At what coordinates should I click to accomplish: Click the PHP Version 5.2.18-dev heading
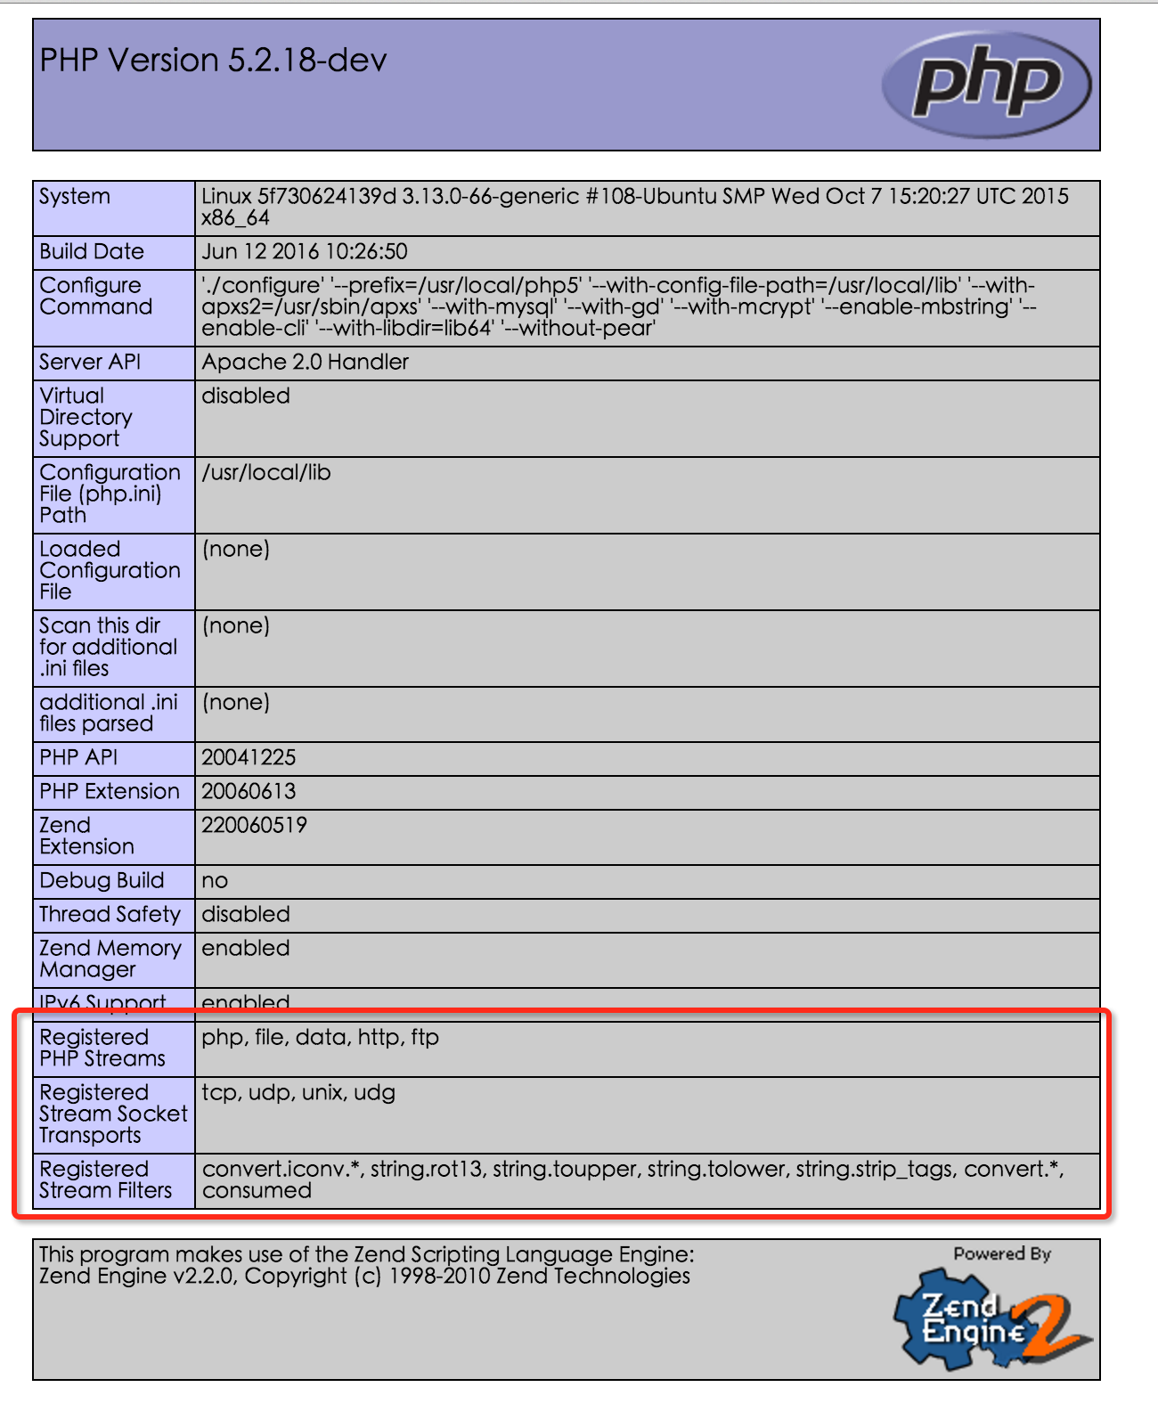pyautogui.click(x=214, y=61)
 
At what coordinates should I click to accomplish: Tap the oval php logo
pyautogui.click(x=986, y=85)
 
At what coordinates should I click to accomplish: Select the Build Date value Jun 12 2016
pyautogui.click(x=305, y=252)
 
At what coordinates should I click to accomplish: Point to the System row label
pyautogui.click(x=75, y=197)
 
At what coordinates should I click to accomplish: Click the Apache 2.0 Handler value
pyautogui.click(x=305, y=363)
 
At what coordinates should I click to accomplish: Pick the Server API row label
pyautogui.click(x=90, y=363)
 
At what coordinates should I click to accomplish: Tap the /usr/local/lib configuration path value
pyautogui.click(x=266, y=473)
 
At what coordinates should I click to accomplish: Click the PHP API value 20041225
pyautogui.click(x=249, y=758)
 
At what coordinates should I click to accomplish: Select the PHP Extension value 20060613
pyautogui.click(x=249, y=792)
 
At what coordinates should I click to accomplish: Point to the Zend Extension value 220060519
pyautogui.click(x=254, y=826)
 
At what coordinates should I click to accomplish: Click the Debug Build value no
pyautogui.click(x=215, y=881)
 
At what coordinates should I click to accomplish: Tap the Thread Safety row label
pyautogui.click(x=110, y=915)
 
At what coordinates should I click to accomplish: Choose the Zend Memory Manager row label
pyautogui.click(x=110, y=959)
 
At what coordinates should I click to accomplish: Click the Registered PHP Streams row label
pyautogui.click(x=102, y=1049)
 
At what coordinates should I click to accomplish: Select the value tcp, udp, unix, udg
pyautogui.click(x=298, y=1093)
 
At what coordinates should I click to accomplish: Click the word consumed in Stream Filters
pyautogui.click(x=257, y=1191)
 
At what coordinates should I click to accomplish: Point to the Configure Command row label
pyautogui.click(x=95, y=297)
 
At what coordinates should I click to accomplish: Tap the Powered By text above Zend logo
pyautogui.click(x=1002, y=1254)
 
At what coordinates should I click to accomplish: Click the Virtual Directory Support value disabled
pyautogui.click(x=246, y=396)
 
